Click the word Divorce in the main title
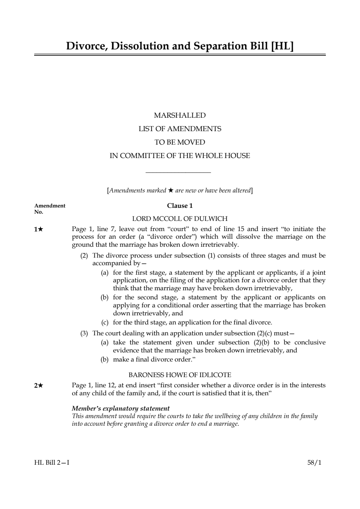pyautogui.click(x=86, y=46)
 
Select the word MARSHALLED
pyautogui.click(x=180, y=116)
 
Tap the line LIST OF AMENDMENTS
pyautogui.click(x=180, y=129)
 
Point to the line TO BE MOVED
pyautogui.click(x=180, y=142)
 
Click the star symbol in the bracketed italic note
pyautogui.click(x=171, y=190)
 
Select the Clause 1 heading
pyautogui.click(x=180, y=206)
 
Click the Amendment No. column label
pyautogui.click(x=49, y=209)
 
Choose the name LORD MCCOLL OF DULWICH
pyautogui.click(x=180, y=219)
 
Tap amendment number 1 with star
pyautogui.click(x=39, y=229)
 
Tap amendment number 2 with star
pyautogui.click(x=39, y=385)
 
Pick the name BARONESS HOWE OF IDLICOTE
pyautogui.click(x=180, y=375)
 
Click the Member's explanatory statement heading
pyautogui.click(x=121, y=408)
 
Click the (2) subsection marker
pyautogui.click(x=84, y=256)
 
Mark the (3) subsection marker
pyautogui.click(x=84, y=334)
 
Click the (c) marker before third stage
pyautogui.click(x=105, y=323)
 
